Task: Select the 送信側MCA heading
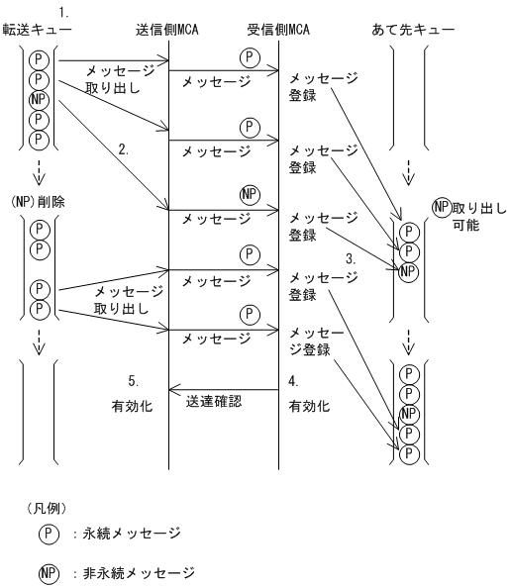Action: (169, 29)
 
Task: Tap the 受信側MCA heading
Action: (278, 29)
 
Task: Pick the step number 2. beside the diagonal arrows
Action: (123, 150)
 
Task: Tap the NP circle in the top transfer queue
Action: (39, 100)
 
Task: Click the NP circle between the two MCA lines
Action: (250, 194)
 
